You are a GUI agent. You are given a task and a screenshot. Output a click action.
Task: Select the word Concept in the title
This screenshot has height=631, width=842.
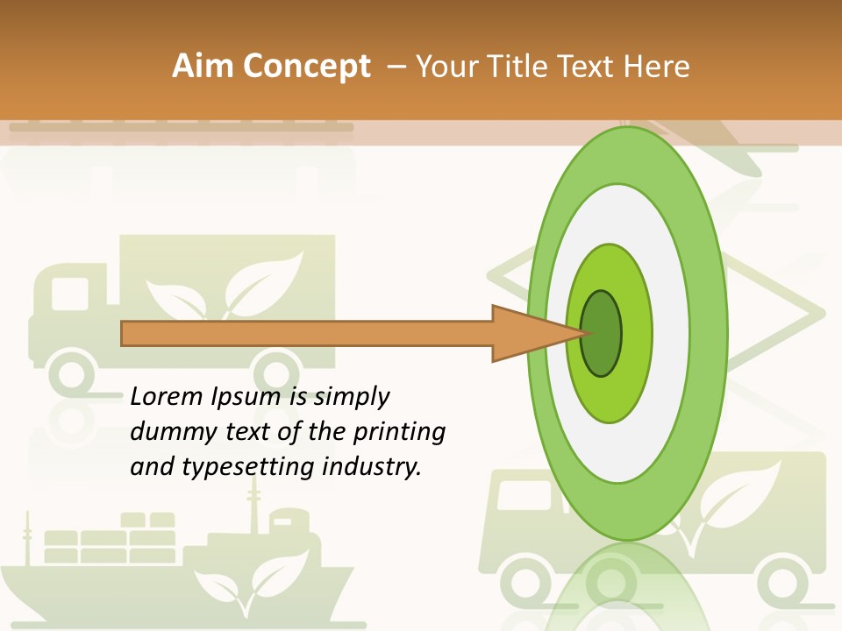306,67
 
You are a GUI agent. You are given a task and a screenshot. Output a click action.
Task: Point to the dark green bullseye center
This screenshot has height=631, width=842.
602,334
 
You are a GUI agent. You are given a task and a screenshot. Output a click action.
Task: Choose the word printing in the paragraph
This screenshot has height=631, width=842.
399,433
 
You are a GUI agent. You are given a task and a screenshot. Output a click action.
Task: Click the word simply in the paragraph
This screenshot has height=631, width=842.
350,398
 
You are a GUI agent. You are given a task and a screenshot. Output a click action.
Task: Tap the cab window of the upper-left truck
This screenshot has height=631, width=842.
70,294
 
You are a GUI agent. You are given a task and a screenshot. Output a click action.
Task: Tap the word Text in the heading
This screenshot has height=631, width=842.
589,67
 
